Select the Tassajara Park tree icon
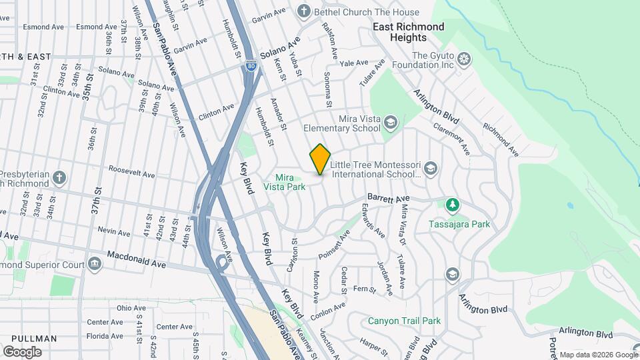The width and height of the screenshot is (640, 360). [x=453, y=204]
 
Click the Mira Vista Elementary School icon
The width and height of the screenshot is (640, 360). [x=390, y=123]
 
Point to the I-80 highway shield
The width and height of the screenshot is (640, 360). [x=251, y=65]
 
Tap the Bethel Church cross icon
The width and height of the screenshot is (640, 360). [x=304, y=12]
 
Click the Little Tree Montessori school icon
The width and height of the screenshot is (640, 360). [x=430, y=169]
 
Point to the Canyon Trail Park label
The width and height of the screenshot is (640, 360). [x=404, y=321]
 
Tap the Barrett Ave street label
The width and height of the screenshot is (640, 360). [x=388, y=199]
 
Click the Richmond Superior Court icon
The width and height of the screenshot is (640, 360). [x=95, y=265]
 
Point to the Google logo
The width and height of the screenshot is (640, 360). [x=22, y=351]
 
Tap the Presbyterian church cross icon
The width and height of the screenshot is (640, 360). [x=59, y=178]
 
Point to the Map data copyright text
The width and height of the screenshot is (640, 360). [x=598, y=355]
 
